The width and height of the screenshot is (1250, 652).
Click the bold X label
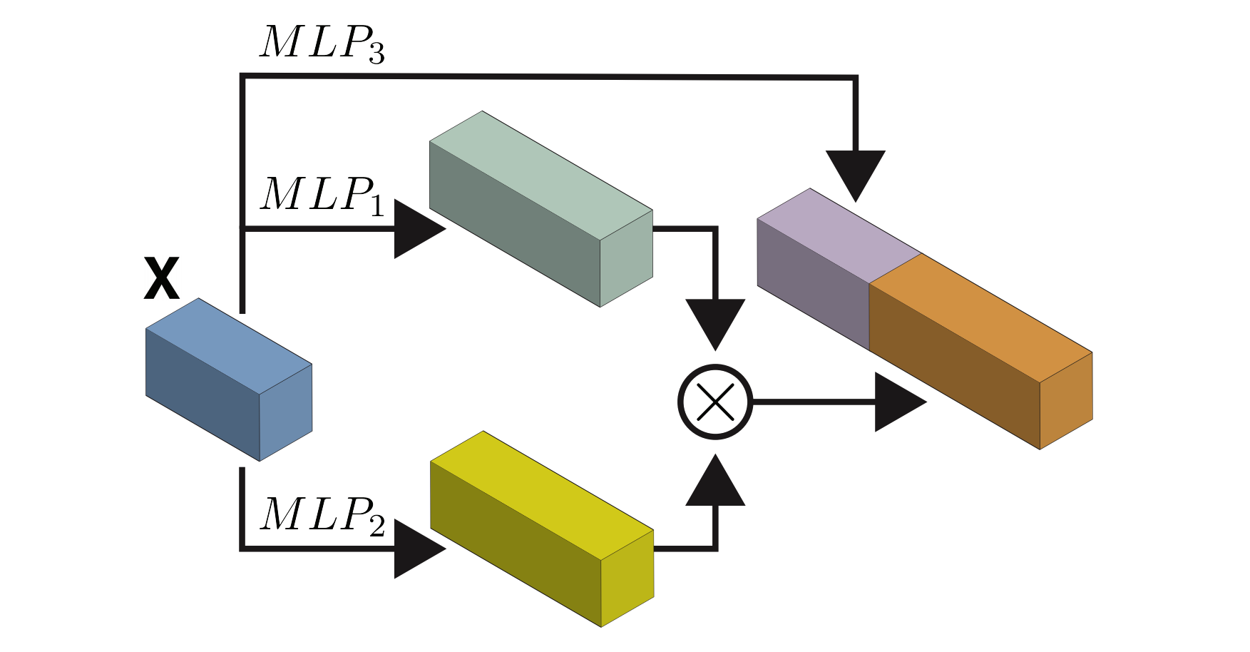pyautogui.click(x=161, y=279)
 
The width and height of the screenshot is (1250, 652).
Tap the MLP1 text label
pyautogui.click(x=322, y=195)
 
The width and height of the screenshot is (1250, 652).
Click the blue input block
pyautogui.click(x=228, y=379)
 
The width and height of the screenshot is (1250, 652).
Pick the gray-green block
pyautogui.click(x=541, y=208)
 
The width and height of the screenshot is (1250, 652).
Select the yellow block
pyautogui.click(x=541, y=529)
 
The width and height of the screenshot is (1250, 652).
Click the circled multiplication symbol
pyautogui.click(x=714, y=402)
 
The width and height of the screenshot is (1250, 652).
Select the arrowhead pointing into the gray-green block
pyautogui.click(x=416, y=229)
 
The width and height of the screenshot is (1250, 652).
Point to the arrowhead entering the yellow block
pyautogui.click(x=416, y=549)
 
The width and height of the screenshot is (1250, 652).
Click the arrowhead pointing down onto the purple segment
pyautogui.click(x=856, y=171)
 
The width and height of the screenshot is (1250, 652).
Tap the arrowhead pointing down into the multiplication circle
pyautogui.click(x=715, y=320)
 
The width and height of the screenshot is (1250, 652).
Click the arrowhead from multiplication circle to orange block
pyautogui.click(x=896, y=402)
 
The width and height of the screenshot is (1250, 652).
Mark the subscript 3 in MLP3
pyautogui.click(x=376, y=54)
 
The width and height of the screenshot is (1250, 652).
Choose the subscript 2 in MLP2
pyautogui.click(x=376, y=526)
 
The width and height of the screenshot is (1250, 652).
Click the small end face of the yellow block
pyautogui.click(x=627, y=579)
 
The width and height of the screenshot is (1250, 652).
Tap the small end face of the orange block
pyautogui.click(x=1066, y=400)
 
